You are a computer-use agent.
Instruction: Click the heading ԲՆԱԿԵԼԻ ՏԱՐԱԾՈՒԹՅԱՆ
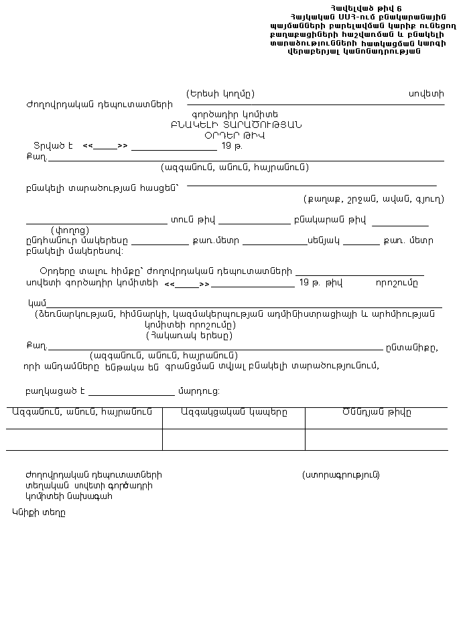(x=236, y=125)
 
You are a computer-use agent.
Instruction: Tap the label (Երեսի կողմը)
(x=220, y=93)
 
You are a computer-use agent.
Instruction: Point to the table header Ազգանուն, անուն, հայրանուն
(x=82, y=412)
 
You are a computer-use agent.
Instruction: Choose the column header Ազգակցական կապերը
(x=234, y=412)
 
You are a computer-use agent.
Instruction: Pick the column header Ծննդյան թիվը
(x=377, y=412)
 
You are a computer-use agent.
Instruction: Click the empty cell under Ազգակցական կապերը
(x=233, y=439)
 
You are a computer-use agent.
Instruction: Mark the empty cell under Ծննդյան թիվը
(x=376, y=439)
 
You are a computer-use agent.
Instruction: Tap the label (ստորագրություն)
(x=341, y=475)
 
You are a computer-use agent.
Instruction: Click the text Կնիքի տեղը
(x=38, y=512)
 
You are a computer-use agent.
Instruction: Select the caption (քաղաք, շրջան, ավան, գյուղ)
(x=373, y=199)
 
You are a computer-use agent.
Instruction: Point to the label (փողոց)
(x=70, y=230)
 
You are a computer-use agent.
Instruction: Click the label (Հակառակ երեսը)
(x=190, y=336)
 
